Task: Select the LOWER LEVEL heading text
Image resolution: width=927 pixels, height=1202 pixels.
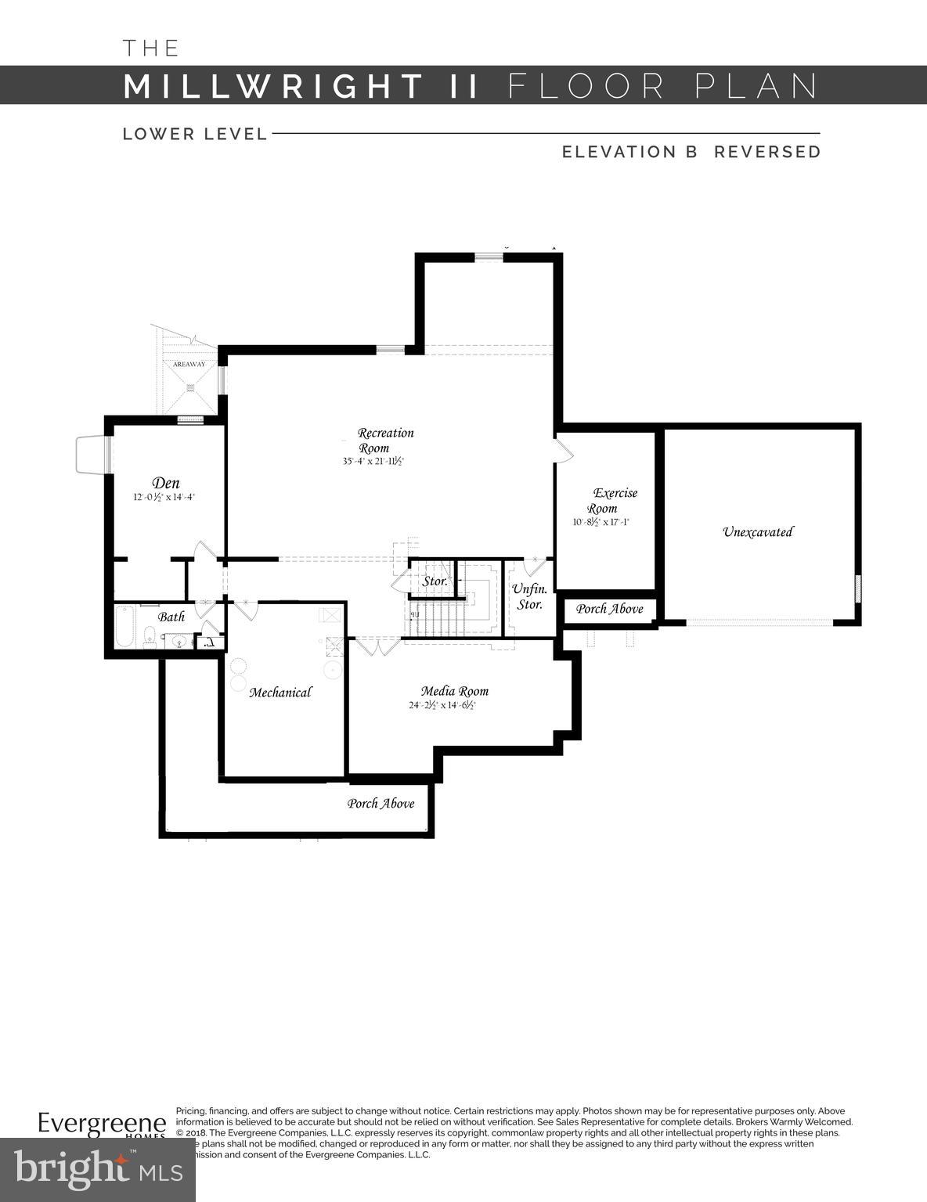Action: click(x=195, y=134)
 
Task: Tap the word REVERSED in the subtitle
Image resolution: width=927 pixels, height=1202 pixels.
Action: click(x=767, y=152)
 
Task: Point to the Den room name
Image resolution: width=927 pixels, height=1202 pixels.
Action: click(x=166, y=483)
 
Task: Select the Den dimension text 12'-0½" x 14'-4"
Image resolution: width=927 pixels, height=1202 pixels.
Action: click(x=164, y=497)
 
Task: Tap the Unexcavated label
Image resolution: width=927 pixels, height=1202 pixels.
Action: click(x=757, y=532)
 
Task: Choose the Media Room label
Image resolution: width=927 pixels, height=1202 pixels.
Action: click(x=454, y=691)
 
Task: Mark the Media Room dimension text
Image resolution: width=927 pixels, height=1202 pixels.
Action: click(x=442, y=705)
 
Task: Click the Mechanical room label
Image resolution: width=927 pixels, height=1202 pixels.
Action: click(x=280, y=692)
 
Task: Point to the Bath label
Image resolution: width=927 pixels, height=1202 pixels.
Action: click(x=171, y=617)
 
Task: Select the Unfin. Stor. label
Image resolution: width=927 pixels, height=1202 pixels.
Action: click(x=529, y=596)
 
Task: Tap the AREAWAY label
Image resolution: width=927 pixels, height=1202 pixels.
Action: click(x=189, y=365)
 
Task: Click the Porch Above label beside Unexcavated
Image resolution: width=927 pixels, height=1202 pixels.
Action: click(x=609, y=609)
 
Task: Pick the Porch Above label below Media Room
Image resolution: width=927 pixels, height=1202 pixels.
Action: click(x=381, y=804)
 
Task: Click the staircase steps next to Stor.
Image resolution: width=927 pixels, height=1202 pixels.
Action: click(x=438, y=618)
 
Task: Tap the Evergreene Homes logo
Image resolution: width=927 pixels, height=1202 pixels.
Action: click(x=102, y=1125)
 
